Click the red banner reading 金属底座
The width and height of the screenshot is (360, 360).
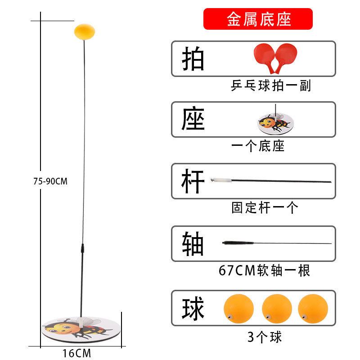pyautogui.click(x=258, y=19)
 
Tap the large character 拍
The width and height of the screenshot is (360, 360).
pyautogui.click(x=193, y=59)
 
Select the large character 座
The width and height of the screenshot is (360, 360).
pyautogui.click(x=193, y=120)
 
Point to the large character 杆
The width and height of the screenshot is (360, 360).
pyautogui.click(x=193, y=181)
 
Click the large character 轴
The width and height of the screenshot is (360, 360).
pyautogui.click(x=193, y=243)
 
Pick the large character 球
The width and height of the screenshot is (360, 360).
pyautogui.click(x=193, y=309)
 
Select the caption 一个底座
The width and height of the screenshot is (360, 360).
pyautogui.click(x=258, y=146)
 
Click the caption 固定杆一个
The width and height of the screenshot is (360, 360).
pyautogui.click(x=265, y=207)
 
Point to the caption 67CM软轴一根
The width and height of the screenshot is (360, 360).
pyautogui.click(x=264, y=270)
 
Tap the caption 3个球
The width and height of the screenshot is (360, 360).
pyautogui.click(x=265, y=336)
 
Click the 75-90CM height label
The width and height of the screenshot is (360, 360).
pyautogui.click(x=50, y=182)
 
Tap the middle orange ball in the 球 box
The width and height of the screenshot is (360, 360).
pyautogui.click(x=277, y=309)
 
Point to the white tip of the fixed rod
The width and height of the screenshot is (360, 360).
pyautogui.click(x=222, y=180)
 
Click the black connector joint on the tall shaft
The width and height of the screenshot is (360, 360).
pyautogui.click(x=82, y=248)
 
